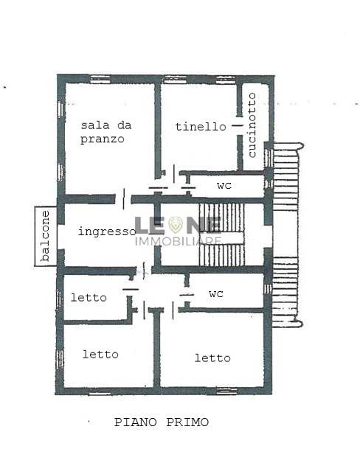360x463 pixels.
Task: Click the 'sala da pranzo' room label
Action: tap(105, 132)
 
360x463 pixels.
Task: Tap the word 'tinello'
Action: tap(201, 127)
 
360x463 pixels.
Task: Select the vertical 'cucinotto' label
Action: tap(252, 125)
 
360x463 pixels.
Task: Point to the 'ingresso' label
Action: tap(107, 231)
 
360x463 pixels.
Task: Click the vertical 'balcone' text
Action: tap(45, 236)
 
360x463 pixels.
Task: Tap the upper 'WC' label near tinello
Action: tap(224, 186)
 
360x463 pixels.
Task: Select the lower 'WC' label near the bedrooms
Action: tap(215, 294)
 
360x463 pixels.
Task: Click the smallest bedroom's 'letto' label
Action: tap(89, 297)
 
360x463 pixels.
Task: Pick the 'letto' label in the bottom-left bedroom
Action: tap(100, 354)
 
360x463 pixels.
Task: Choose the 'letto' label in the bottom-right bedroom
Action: tap(212, 358)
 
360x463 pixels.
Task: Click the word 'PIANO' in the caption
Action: tap(136, 422)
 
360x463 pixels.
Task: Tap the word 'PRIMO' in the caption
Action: tap(187, 422)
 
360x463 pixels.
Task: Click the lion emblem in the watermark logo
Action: tap(176, 225)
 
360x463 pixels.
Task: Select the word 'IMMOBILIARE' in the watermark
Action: tap(179, 241)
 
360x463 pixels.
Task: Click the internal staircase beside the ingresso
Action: tap(221, 234)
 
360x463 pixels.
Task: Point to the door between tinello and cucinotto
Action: tap(238, 126)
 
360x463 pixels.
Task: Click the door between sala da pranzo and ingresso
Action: tap(123, 199)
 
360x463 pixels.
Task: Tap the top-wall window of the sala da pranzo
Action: tap(100, 79)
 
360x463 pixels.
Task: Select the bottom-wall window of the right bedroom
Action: tap(226, 391)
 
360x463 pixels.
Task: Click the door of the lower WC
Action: tap(187, 295)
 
